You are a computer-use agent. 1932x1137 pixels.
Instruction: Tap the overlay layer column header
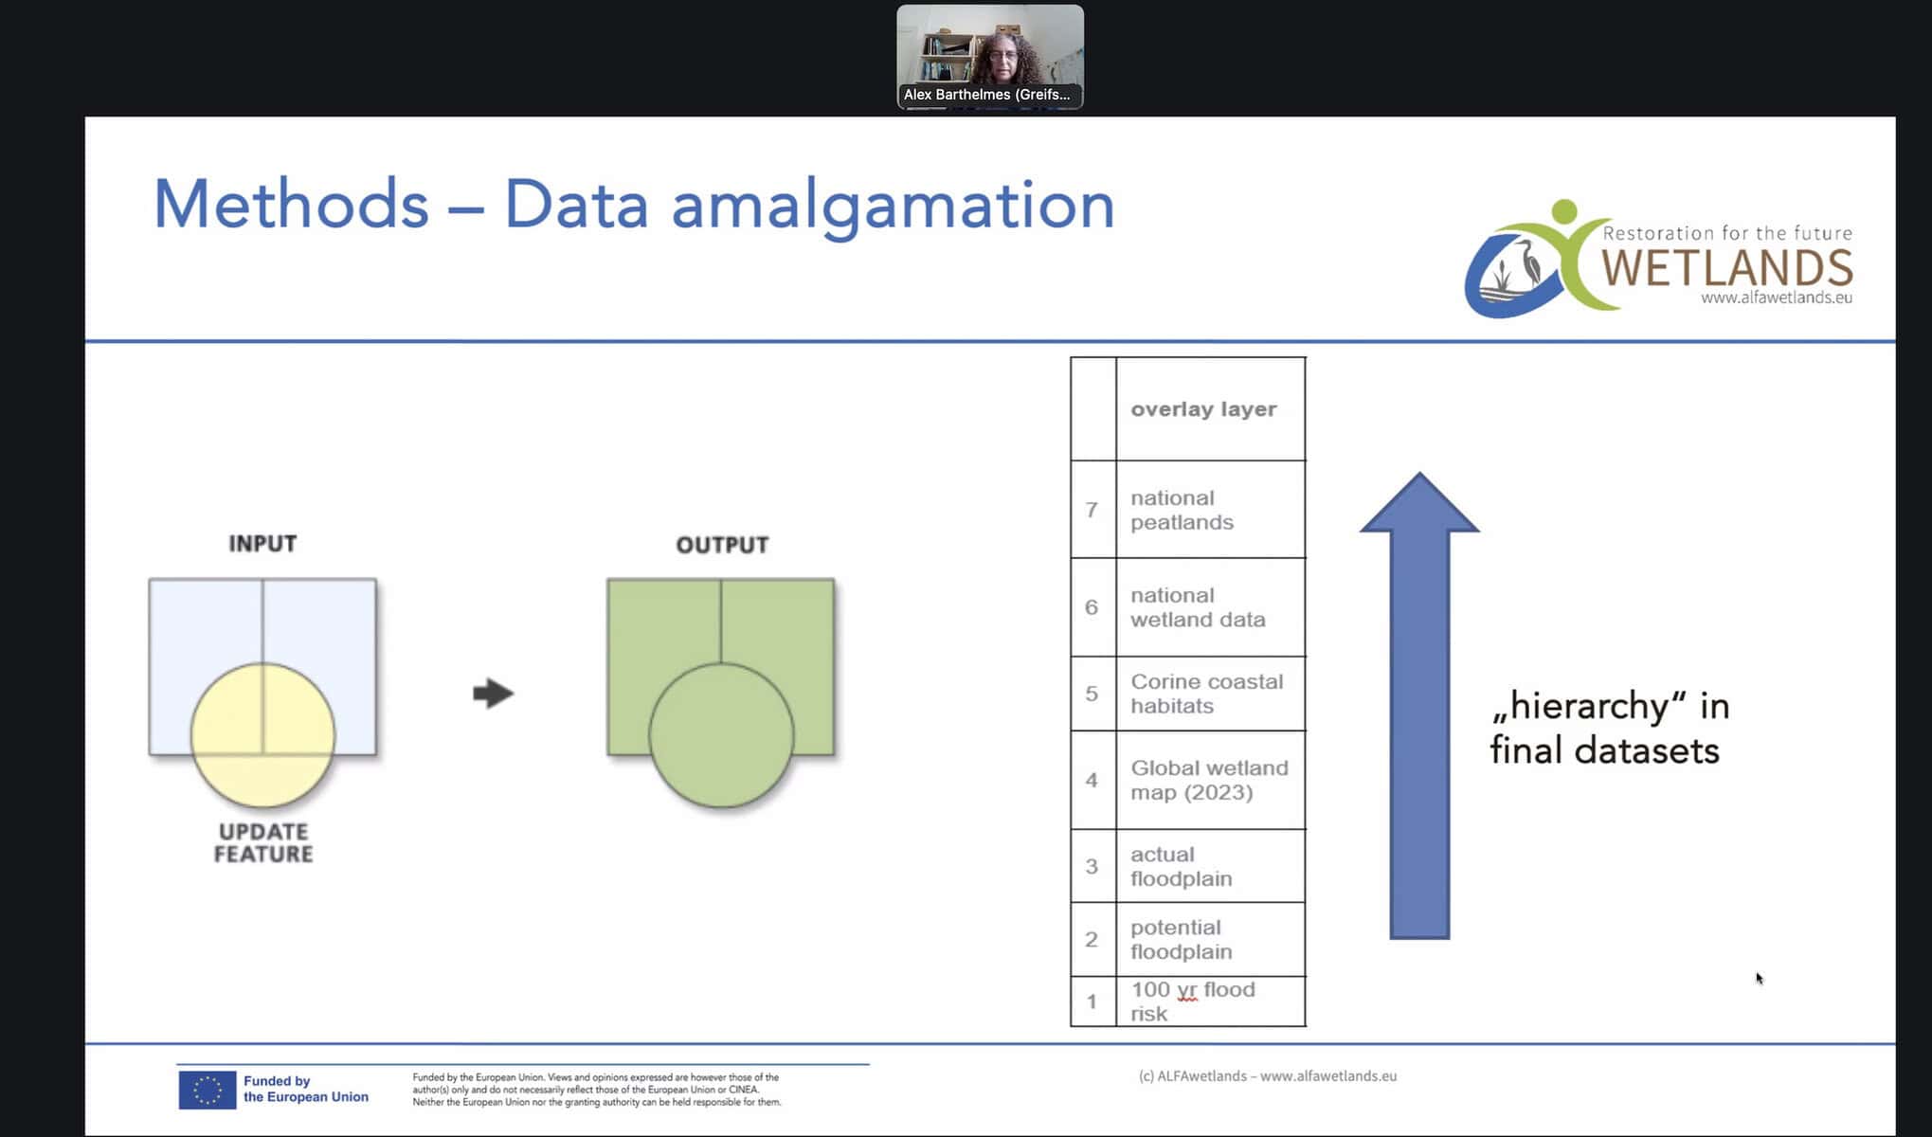pos(1211,409)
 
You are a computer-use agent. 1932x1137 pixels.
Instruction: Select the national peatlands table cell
pos(1211,510)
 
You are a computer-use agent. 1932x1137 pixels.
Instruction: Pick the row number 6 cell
pos(1092,607)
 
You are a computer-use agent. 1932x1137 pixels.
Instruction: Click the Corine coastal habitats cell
pos(1211,694)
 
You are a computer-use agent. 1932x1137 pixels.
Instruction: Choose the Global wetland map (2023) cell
pos(1211,780)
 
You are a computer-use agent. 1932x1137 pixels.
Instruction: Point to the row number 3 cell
pos(1092,866)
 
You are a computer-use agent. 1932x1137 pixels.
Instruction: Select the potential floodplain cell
pos(1211,939)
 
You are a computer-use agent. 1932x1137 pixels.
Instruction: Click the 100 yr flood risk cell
pos(1211,1002)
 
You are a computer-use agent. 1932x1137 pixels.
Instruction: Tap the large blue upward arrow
pos(1419,706)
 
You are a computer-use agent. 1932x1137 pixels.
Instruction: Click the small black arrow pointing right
pos(493,694)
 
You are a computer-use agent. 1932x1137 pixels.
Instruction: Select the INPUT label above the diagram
pos(262,544)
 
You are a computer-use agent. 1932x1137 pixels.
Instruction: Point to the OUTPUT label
pos(722,545)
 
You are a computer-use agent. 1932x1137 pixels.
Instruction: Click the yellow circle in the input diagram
pos(262,735)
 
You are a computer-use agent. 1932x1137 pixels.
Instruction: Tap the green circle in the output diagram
pos(721,735)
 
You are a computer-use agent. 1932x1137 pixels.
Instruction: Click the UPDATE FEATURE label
pos(263,843)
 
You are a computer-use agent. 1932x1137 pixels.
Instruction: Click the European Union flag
pos(208,1090)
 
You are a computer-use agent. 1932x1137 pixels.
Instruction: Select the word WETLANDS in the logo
pos(1726,268)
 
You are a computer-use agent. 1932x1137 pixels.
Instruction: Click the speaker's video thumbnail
pos(990,57)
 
